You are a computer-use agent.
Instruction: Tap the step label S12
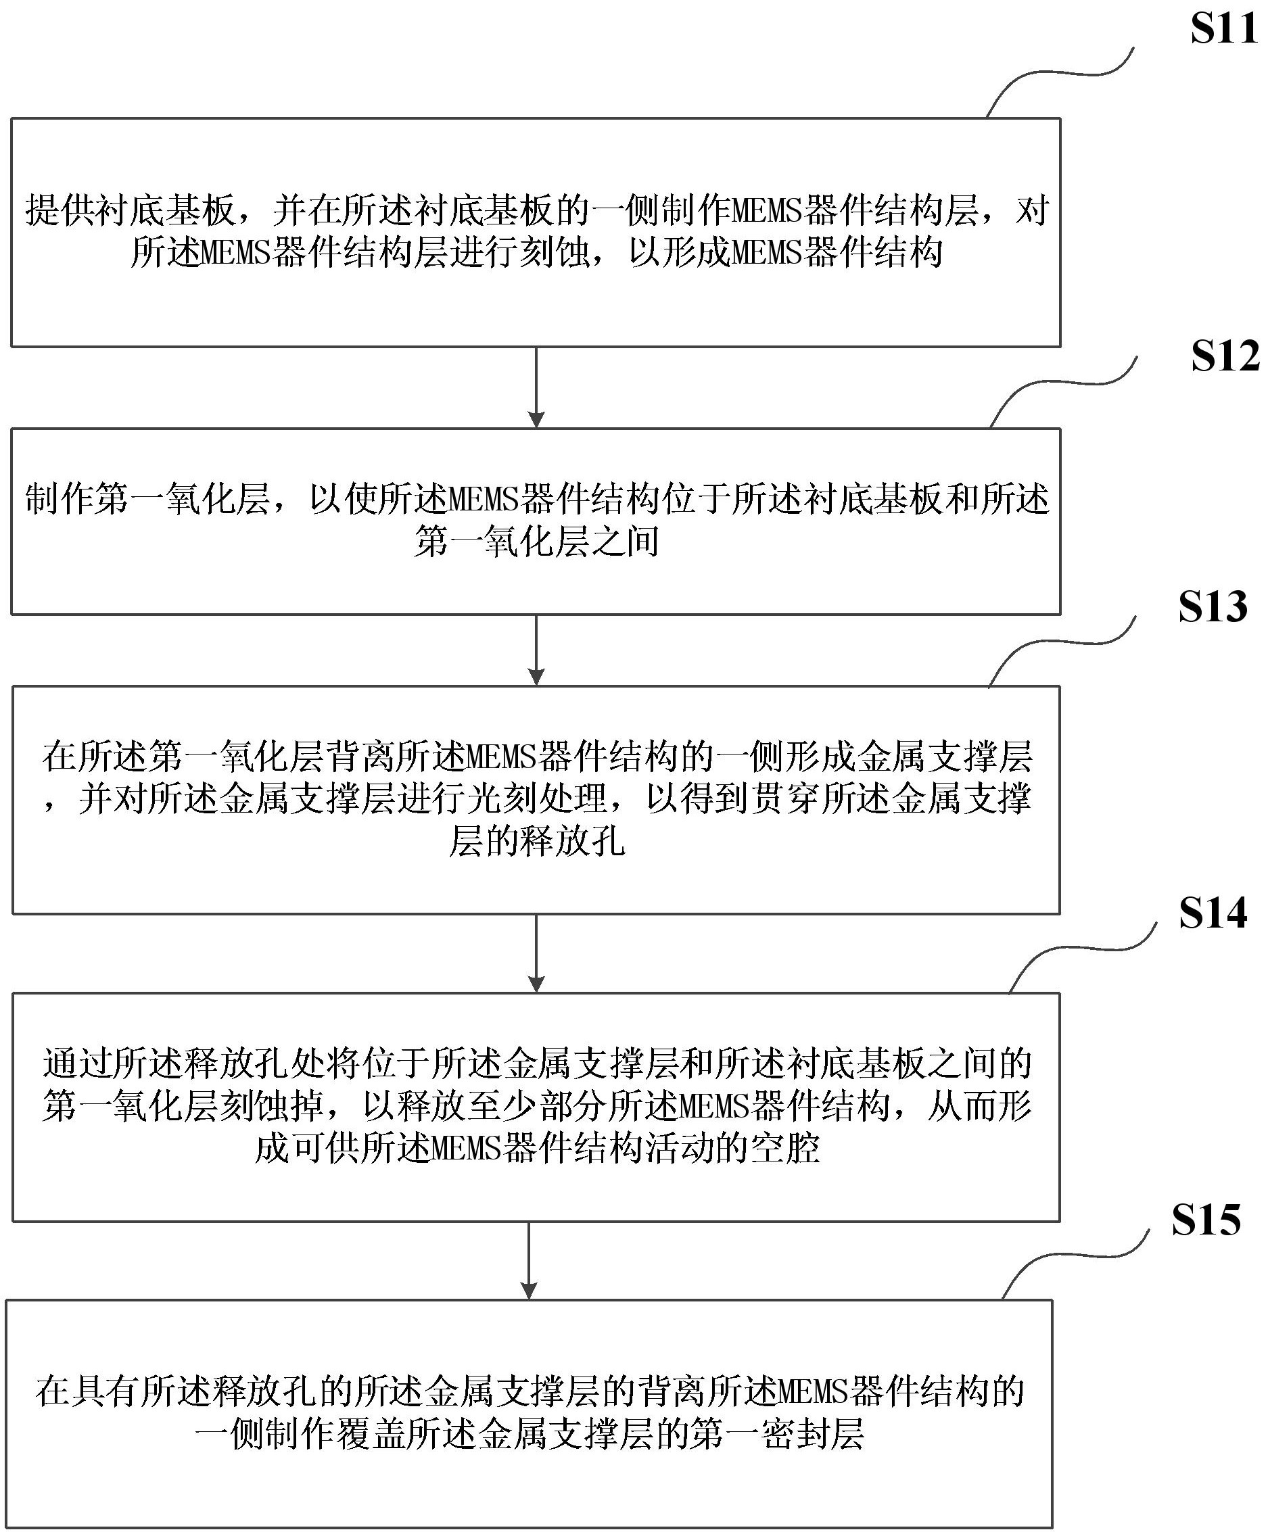pos(1225,357)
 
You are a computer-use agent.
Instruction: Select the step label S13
pos(1213,607)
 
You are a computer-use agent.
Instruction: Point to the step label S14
pos(1213,913)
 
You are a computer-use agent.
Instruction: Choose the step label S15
pos(1205,1220)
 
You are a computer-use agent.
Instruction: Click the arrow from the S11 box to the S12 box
pos(536,387)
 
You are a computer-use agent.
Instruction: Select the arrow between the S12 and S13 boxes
pos(536,649)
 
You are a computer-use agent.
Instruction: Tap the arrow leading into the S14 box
pos(536,953)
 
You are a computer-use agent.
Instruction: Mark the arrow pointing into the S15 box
pos(529,1260)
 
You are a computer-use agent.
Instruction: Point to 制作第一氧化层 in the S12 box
pos(147,499)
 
